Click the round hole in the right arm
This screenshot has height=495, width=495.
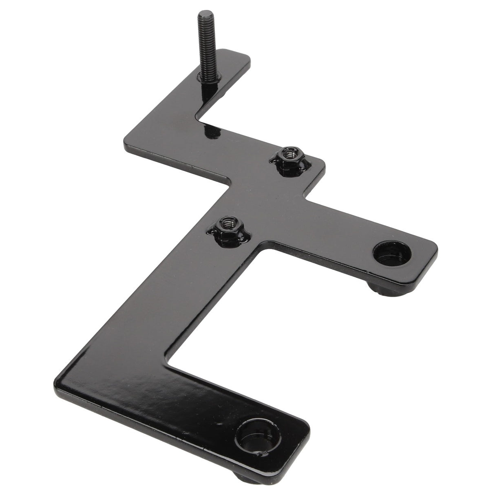392,254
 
